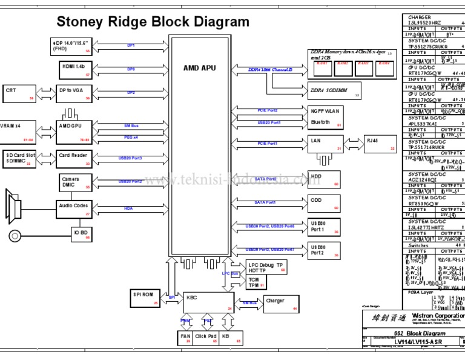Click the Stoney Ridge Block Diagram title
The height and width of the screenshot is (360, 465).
(x=153, y=22)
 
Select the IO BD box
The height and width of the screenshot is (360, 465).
(x=82, y=234)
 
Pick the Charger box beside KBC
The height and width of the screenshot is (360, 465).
(x=280, y=304)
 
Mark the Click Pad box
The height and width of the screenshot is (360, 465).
(x=205, y=338)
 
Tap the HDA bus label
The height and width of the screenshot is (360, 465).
(x=128, y=208)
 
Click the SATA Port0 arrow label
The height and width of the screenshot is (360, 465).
(x=265, y=179)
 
